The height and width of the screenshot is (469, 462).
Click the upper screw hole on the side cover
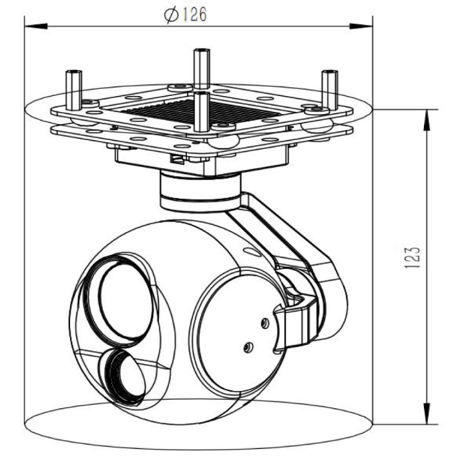click(265, 322)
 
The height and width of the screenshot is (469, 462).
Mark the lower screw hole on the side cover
click(248, 346)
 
